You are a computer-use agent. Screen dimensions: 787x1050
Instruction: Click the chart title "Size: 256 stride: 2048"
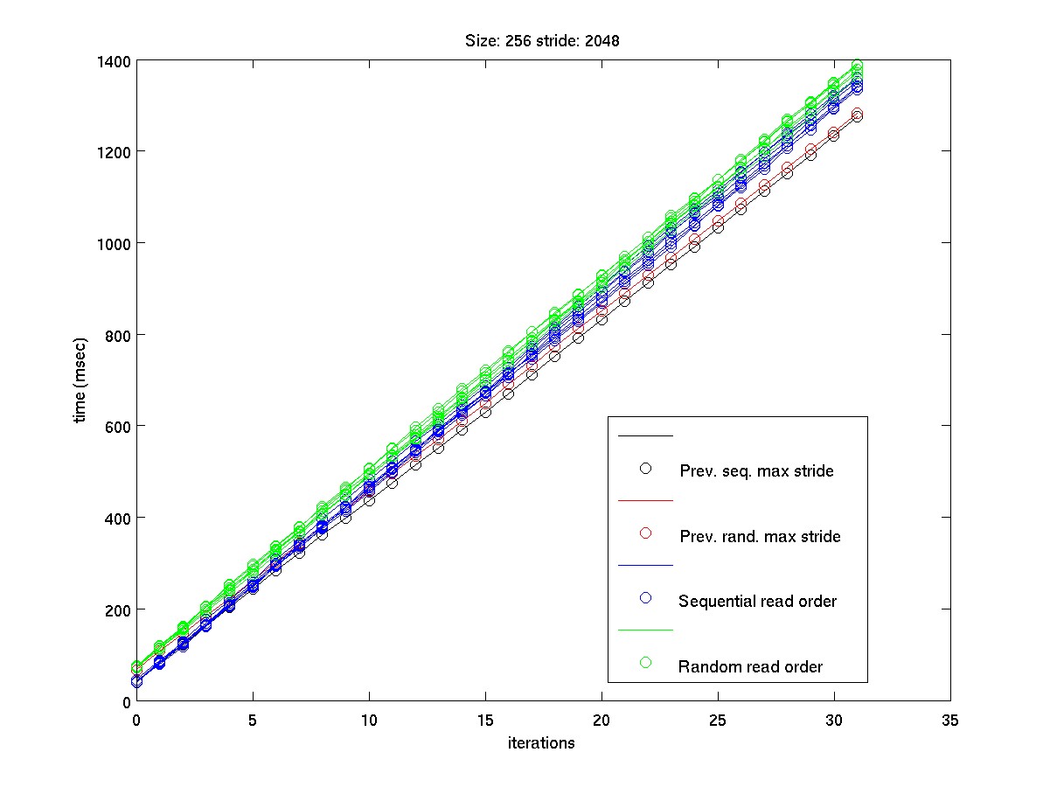coord(544,41)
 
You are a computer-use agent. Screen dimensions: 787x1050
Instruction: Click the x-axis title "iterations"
coord(542,743)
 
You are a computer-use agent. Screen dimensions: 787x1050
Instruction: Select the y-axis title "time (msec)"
coord(80,380)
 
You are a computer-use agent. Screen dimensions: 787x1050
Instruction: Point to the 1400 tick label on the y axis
coord(114,61)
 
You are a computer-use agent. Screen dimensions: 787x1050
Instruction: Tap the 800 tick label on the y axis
coord(117,335)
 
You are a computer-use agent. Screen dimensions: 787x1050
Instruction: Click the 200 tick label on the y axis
coord(117,609)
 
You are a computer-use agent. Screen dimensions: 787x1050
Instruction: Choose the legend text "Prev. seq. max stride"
coord(756,471)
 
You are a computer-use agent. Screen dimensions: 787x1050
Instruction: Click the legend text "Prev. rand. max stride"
coord(760,536)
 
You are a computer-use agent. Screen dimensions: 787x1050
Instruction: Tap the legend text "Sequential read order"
coord(757,602)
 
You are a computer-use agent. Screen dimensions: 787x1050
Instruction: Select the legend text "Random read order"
coord(750,666)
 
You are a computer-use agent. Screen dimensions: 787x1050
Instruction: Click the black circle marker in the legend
coord(646,469)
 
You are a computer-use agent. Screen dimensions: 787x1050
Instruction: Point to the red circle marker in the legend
coord(646,533)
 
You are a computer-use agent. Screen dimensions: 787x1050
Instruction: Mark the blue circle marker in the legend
coord(646,598)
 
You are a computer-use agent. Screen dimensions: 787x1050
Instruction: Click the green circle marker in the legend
coord(646,663)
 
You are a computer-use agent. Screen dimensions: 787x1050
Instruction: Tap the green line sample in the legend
coord(646,630)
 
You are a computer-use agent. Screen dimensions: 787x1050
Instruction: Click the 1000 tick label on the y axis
coord(114,244)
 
